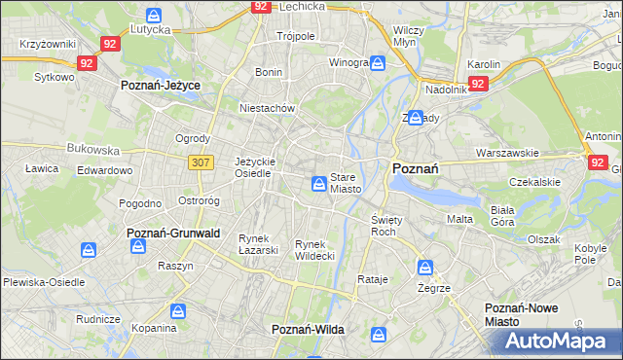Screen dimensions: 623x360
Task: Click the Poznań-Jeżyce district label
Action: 161,86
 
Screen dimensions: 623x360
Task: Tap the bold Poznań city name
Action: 415,168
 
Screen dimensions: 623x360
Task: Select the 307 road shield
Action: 202,162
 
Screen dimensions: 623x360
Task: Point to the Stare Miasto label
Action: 346,183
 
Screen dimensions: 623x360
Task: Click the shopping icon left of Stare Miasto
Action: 319,183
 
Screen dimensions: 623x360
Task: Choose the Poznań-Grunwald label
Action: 173,234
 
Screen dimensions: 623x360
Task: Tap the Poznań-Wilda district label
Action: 308,330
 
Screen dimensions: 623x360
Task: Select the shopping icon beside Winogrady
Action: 378,63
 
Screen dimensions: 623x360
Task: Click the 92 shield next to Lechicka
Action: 260,6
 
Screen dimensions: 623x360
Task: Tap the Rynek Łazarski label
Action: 259,244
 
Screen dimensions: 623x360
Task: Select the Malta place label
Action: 459,219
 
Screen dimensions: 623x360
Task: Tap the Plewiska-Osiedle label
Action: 43,282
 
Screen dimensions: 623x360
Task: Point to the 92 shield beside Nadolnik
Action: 477,85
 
